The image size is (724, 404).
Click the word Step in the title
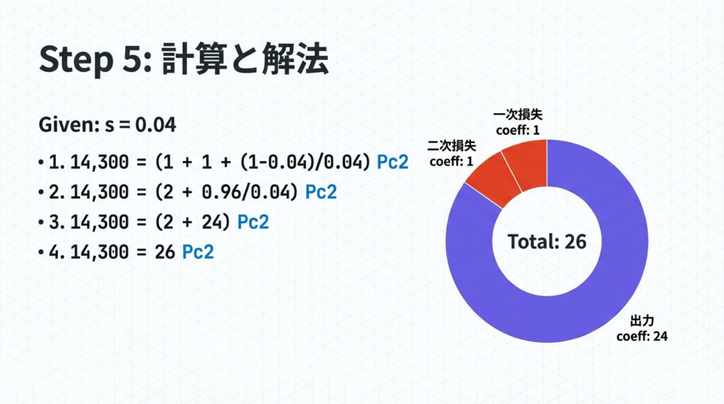point(76,60)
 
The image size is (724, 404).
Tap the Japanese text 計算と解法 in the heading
point(245,59)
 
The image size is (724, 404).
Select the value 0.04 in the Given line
point(156,125)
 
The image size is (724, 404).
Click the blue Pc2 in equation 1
point(392,162)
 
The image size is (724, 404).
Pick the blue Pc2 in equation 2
point(321,192)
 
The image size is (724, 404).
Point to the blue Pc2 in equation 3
point(252,222)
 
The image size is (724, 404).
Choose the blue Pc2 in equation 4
point(198,252)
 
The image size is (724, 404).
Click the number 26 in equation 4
point(165,252)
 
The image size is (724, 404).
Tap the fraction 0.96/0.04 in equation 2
point(250,192)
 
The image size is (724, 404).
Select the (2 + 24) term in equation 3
point(192,222)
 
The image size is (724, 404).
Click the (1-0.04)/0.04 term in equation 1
point(305,162)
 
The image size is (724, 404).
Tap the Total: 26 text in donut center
point(547,242)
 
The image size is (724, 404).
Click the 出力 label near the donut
point(642,321)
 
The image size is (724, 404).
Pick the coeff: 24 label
point(642,335)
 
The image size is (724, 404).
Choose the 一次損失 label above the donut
point(518,114)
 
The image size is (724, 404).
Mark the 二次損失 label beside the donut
point(451,145)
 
